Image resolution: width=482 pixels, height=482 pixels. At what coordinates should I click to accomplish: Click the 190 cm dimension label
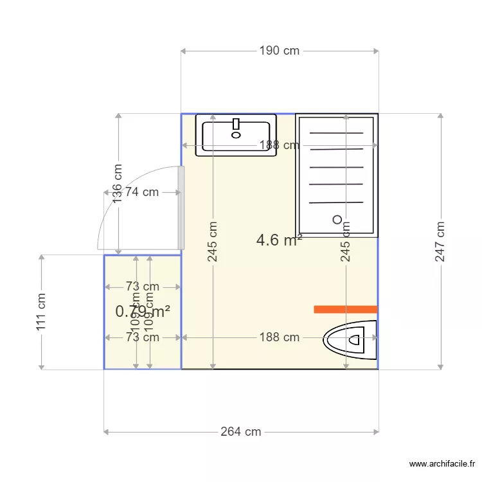pos(280,51)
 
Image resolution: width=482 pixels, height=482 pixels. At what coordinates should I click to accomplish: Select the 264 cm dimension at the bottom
pos(241,432)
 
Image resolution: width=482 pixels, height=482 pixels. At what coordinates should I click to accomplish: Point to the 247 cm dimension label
pos(440,242)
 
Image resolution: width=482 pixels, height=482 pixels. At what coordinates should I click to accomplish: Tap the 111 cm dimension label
pos(42,312)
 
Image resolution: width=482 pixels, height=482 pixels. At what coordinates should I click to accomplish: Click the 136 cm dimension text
pos(118,184)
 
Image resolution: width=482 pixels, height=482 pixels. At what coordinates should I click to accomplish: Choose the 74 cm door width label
pos(142,192)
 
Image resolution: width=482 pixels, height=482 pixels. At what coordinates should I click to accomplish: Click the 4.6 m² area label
pos(279,240)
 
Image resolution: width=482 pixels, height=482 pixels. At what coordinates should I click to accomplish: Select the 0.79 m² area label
pos(143,312)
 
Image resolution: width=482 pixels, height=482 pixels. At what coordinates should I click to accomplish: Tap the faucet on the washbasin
pos(236,124)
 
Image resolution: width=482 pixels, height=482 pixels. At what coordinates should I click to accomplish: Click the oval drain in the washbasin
pos(236,135)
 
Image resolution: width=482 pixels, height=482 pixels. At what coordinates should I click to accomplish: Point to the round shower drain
pos(337,219)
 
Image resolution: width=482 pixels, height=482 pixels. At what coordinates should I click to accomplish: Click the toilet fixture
pos(350,339)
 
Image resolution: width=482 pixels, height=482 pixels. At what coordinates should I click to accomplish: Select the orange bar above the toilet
pos(345,309)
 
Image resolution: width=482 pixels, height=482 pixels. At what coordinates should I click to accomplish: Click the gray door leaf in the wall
pos(181,208)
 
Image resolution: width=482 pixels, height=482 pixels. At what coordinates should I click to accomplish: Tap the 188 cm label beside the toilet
pos(280,337)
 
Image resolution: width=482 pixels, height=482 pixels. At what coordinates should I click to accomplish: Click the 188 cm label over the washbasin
pos(280,145)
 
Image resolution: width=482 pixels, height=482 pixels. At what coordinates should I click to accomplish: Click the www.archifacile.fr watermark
pos(443,464)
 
